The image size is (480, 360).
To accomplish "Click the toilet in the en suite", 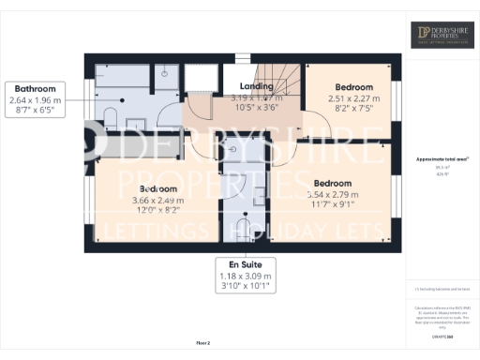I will pyautogui.click(x=244, y=230).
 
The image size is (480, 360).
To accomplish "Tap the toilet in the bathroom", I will pyautogui.click(x=112, y=116).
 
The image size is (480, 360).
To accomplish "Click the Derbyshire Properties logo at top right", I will pyautogui.click(x=442, y=36).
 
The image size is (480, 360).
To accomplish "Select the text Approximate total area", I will pyautogui.click(x=441, y=158).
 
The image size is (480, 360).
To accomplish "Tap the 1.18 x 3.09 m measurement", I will pyautogui.click(x=245, y=277).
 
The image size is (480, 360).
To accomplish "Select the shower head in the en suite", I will pyautogui.click(x=232, y=148).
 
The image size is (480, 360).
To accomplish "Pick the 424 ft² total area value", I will pyautogui.click(x=441, y=174).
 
